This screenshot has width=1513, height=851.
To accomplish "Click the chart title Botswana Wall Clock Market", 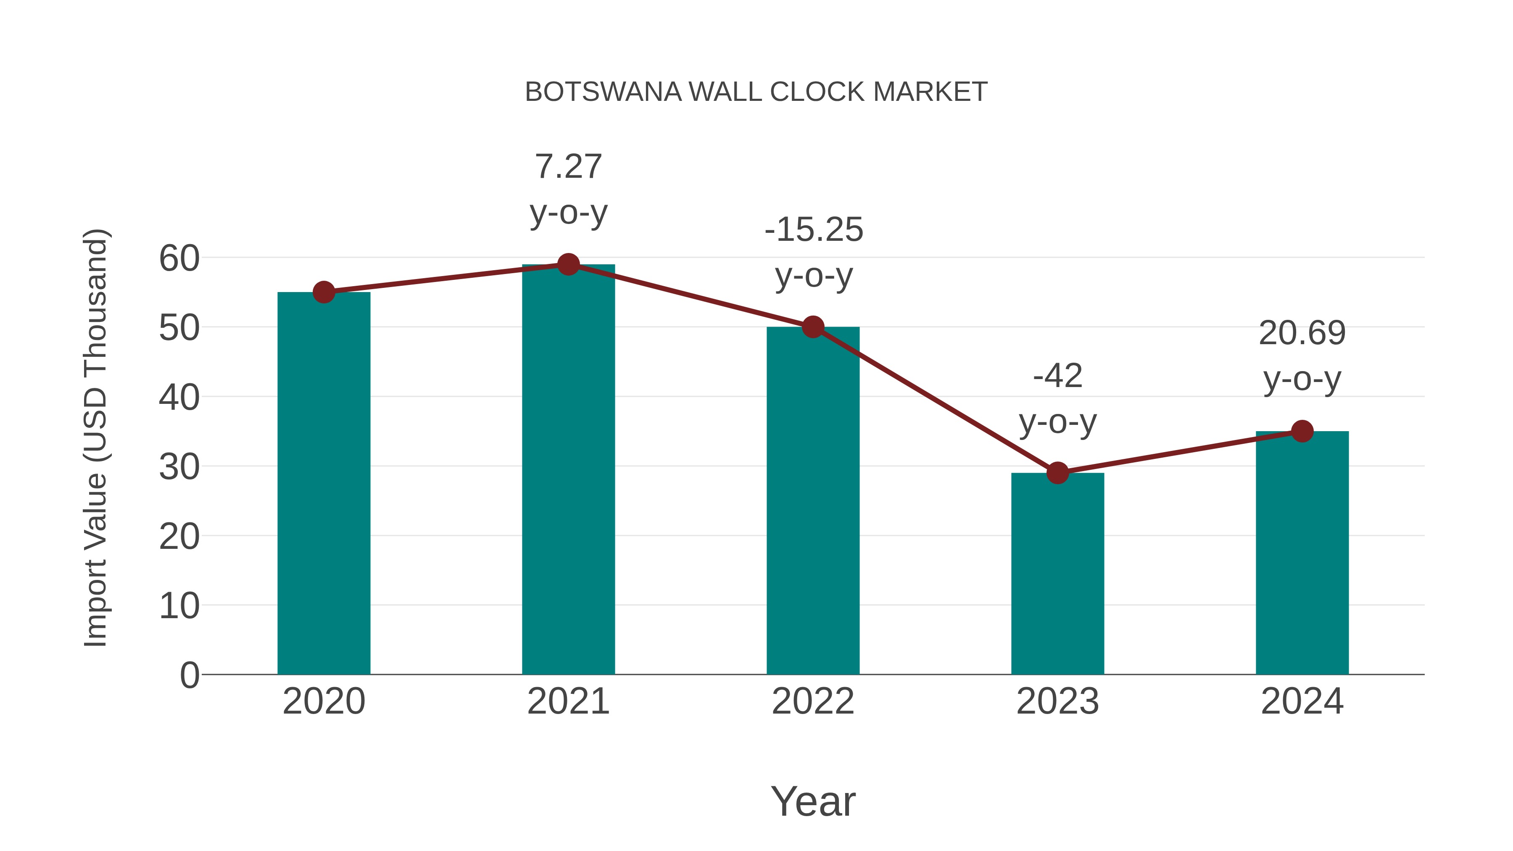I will (756, 92).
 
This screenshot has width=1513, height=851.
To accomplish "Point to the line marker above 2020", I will (324, 292).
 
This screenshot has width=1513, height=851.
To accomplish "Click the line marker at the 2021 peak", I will (568, 265).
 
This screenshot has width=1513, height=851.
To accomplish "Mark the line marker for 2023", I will (1057, 473).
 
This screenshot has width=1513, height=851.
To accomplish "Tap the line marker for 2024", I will (1302, 431).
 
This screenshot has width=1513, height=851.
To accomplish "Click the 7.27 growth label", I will (568, 167).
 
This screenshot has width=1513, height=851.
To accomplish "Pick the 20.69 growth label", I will (1302, 334).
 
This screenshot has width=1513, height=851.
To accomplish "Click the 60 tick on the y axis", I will (179, 258).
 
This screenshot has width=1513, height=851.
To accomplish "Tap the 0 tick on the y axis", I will (189, 675).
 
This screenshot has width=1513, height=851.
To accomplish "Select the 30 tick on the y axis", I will (179, 467).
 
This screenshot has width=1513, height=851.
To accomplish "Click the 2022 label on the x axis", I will (812, 701).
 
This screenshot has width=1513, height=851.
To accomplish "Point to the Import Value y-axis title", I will (95, 437).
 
